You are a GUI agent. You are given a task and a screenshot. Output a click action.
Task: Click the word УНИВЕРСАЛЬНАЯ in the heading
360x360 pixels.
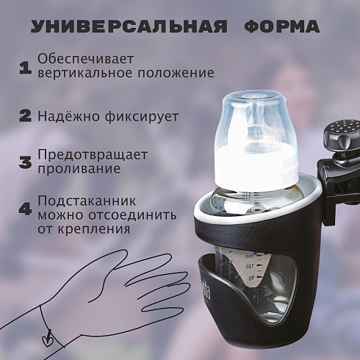click(x=129, y=26)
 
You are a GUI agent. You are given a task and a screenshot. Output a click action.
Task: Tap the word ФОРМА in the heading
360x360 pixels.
click(x=281, y=26)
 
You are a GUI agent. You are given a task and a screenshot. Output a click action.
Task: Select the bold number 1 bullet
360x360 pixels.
click(x=26, y=68)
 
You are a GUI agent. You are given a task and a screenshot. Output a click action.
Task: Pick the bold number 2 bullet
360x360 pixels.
click(x=26, y=116)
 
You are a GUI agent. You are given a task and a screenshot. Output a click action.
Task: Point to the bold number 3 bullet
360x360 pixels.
click(x=26, y=162)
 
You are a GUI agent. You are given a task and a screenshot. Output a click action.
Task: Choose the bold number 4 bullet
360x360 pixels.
click(x=26, y=209)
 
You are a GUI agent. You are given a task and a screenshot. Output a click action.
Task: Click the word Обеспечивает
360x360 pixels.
click(x=85, y=59)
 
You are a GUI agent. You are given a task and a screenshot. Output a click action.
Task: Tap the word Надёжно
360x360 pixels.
click(x=68, y=117)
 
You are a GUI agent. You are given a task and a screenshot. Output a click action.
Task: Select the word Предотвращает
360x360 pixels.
click(x=93, y=155)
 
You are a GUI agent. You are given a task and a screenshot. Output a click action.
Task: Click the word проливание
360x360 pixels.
click(x=79, y=169)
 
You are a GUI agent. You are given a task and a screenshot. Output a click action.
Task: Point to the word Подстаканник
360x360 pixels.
click(x=87, y=202)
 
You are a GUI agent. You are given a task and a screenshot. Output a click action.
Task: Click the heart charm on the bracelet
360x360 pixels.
click(x=46, y=339)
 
